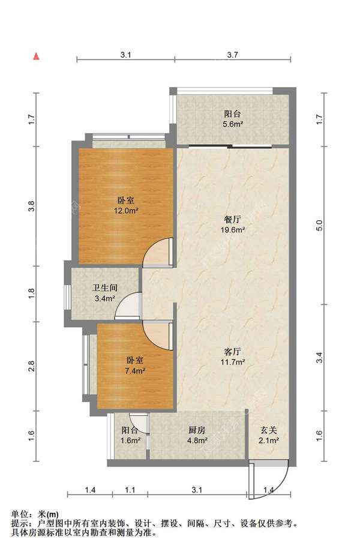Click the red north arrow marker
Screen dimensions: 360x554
36,56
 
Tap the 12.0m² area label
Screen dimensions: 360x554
126,211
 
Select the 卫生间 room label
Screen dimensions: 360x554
104,288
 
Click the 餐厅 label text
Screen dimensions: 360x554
232,220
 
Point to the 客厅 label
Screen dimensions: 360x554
232,352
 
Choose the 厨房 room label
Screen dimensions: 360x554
197,430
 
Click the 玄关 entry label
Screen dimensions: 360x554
268,430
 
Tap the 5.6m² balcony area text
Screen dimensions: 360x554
232,124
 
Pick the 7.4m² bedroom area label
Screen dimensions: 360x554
136,370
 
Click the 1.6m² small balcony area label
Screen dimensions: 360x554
130,441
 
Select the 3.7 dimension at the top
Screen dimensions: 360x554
232,55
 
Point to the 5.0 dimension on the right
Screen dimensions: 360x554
319,226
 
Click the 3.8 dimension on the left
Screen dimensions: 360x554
31,206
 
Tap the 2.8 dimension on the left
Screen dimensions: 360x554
31,366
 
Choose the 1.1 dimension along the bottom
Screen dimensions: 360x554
130,490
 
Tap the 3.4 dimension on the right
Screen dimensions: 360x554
319,358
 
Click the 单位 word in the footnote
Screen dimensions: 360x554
19,514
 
